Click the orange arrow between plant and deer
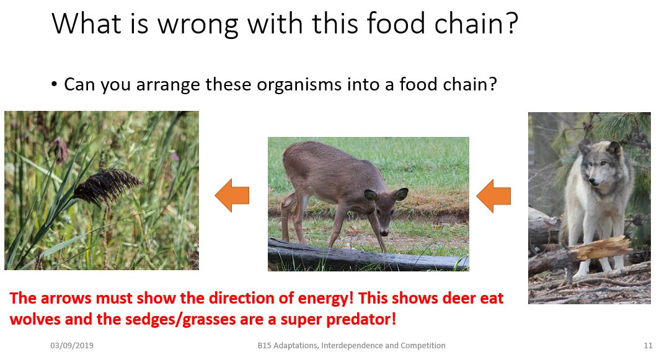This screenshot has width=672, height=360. point(232,195)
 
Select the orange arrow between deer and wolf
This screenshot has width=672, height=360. point(493,196)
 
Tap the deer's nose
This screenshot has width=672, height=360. point(384,233)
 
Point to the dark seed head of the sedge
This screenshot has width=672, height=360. point(107,186)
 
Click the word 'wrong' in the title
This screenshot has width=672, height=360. point(198,24)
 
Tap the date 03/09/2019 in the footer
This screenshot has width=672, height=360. point(71,345)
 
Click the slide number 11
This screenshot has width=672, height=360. point(648,345)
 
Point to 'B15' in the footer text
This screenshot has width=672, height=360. point(265,345)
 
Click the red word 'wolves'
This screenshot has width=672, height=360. point(35,319)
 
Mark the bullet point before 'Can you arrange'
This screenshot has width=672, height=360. point(54,84)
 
